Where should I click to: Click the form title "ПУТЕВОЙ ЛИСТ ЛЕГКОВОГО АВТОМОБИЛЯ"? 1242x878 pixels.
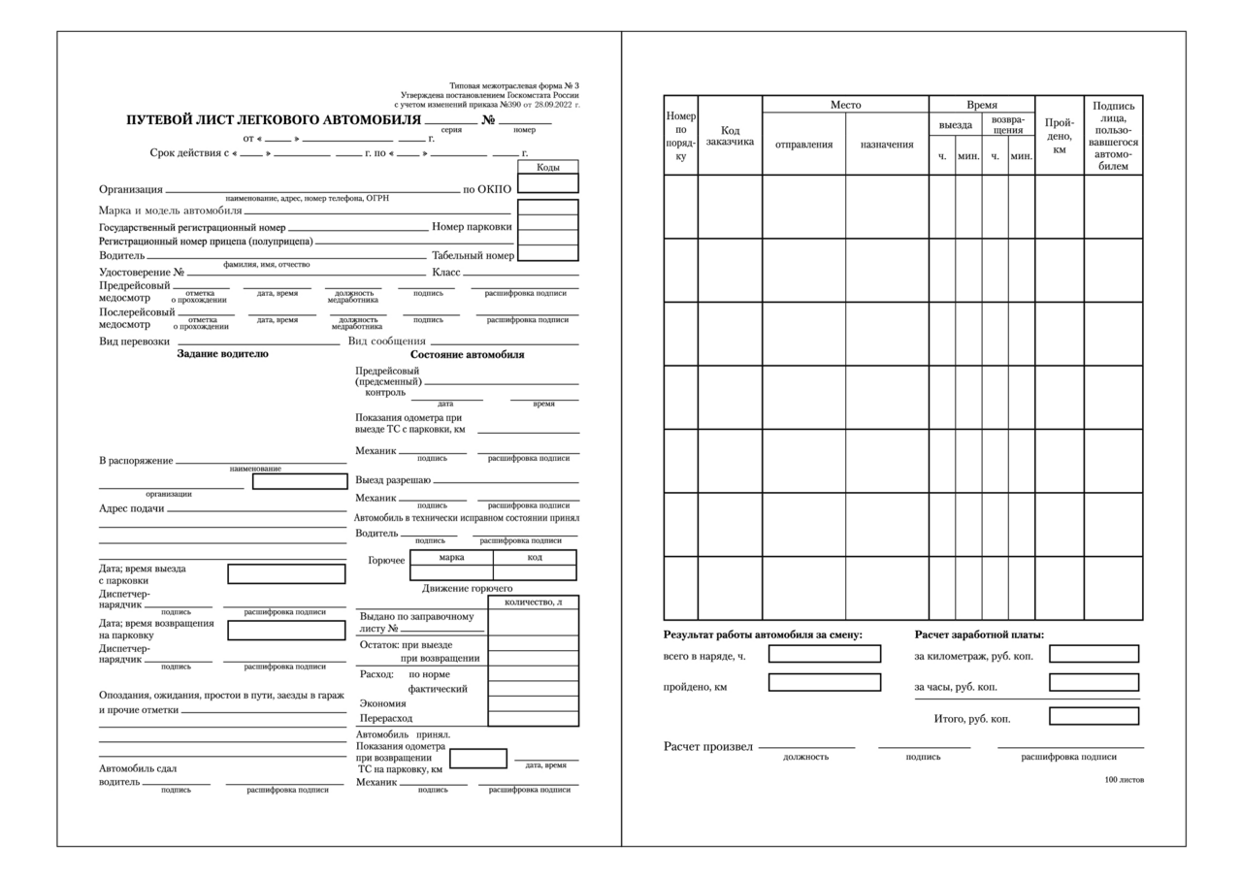tap(274, 121)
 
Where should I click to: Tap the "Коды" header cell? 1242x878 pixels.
tap(547, 167)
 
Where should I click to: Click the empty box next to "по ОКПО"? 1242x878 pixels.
tap(547, 183)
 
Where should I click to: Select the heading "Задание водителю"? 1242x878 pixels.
tap(222, 354)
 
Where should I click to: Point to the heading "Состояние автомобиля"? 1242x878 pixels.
tap(467, 355)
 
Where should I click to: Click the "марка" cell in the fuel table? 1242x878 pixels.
tap(451, 558)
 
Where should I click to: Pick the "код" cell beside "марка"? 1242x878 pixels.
tap(535, 558)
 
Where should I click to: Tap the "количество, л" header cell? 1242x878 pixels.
tap(533, 602)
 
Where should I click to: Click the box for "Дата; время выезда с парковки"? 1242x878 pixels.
tap(286, 574)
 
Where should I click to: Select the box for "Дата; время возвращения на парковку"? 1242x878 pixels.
tap(286, 631)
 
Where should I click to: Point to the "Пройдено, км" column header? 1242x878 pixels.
tap(1059, 136)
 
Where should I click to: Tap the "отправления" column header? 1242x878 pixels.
tap(803, 145)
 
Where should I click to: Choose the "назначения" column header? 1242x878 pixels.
tap(887, 145)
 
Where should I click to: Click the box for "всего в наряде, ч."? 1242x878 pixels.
tap(824, 654)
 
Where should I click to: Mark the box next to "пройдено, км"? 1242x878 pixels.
tap(824, 683)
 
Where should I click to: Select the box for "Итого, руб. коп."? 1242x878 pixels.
tap(1094, 717)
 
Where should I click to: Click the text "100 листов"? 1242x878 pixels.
tap(1124, 780)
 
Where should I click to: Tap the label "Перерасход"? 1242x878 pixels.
tap(386, 719)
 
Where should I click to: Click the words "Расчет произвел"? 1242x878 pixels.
tap(707, 747)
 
